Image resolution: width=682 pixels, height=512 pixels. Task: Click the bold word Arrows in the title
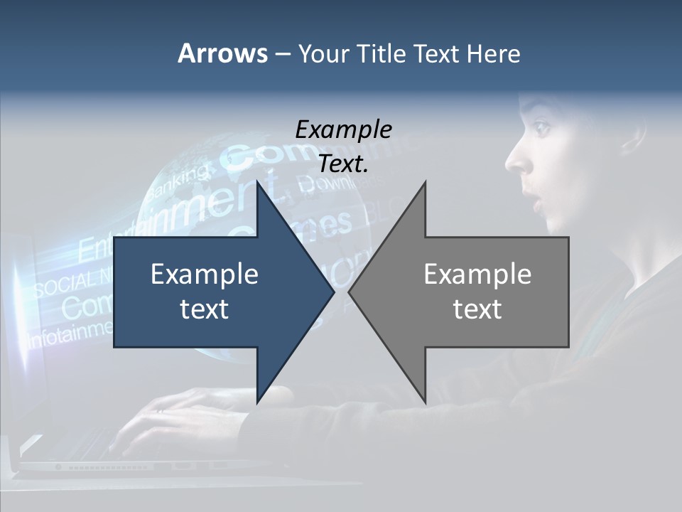click(x=222, y=53)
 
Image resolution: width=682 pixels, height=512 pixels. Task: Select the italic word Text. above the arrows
click(x=343, y=164)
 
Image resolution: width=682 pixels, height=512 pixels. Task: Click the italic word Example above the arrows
click(x=343, y=129)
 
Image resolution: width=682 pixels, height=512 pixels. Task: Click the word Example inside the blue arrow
click(x=205, y=274)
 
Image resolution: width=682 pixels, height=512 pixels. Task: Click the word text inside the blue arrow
click(x=205, y=309)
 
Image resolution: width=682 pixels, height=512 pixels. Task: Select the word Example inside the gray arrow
click(x=477, y=274)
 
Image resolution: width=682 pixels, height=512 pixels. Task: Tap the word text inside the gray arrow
click(x=477, y=309)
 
